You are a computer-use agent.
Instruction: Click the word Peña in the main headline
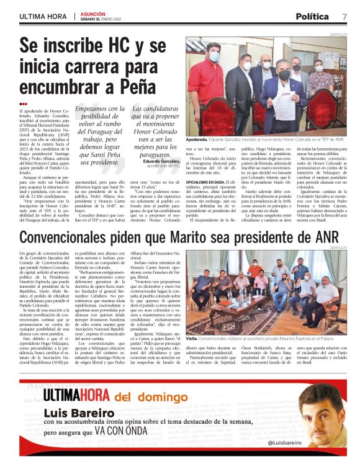click(136, 84)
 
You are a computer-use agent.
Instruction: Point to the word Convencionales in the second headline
click(71, 238)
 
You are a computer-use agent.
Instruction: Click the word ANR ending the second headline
click(325, 238)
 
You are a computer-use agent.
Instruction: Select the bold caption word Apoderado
click(199, 141)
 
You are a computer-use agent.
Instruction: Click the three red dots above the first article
click(23, 104)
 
